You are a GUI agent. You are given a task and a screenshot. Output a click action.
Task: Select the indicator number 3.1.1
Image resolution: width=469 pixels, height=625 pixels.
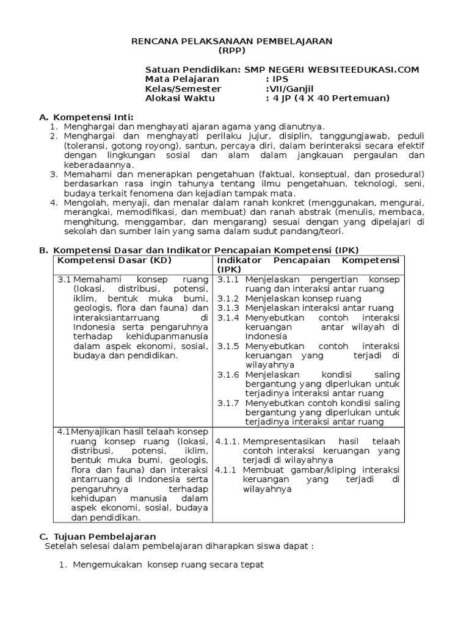[x=230, y=279]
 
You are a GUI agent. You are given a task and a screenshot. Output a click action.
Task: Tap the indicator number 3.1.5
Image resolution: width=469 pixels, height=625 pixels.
[x=230, y=346]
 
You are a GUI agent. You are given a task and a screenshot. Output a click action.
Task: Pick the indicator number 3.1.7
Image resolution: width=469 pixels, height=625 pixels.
[x=230, y=403]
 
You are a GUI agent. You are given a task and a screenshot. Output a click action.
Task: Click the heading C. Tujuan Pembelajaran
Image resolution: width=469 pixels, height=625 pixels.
[x=97, y=535]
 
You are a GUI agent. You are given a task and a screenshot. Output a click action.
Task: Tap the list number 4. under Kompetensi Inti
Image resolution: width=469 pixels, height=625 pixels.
[x=53, y=203]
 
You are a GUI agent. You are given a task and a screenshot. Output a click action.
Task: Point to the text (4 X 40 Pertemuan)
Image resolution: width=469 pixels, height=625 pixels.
[x=343, y=98]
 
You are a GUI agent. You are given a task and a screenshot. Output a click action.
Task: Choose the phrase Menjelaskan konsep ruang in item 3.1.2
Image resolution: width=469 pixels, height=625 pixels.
[x=304, y=298]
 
